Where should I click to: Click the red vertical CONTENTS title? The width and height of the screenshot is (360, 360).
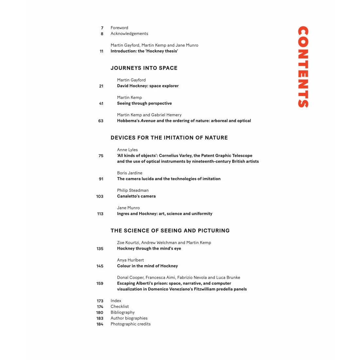point(303,67)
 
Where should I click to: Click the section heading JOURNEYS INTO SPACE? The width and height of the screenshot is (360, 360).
point(144,68)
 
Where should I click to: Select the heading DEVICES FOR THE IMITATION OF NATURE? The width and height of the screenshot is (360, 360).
point(169,138)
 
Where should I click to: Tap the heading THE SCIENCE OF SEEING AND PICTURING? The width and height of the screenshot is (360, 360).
point(170,231)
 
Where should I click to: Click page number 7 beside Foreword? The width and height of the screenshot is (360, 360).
point(102,28)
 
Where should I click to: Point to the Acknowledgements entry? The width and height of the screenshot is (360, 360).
point(129,34)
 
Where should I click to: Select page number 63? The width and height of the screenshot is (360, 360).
point(101,121)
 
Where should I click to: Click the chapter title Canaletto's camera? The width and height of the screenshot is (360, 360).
point(136,196)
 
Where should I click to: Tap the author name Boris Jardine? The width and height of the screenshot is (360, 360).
point(130,173)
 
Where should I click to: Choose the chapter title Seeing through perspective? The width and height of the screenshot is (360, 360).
point(144,103)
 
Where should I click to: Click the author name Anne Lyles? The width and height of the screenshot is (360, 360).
point(127,150)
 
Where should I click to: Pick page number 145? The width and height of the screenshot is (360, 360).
point(100,266)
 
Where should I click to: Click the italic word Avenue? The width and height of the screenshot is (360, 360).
point(148,121)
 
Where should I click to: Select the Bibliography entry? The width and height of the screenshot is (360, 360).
point(123,312)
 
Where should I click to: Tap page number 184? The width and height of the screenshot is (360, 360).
point(100,324)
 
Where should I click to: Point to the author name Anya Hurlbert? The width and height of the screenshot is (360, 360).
point(130,260)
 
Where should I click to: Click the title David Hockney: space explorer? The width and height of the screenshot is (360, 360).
point(148,86)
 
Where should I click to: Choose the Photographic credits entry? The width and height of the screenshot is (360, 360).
point(130,324)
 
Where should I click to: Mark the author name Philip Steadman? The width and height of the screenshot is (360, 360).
point(133,190)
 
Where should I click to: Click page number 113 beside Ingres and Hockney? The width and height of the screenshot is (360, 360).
point(100,214)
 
